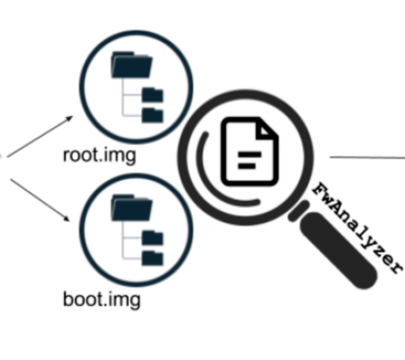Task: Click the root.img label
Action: click(100, 156)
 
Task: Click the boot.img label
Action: click(102, 300)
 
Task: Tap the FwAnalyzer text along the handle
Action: click(357, 228)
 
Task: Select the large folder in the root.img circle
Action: click(131, 65)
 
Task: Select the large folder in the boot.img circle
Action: click(131, 208)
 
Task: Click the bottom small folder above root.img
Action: click(152, 115)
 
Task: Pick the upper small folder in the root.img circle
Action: click(152, 94)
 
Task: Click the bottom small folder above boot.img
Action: click(152, 258)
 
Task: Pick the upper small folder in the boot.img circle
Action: click(152, 238)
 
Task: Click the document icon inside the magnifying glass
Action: click(249, 151)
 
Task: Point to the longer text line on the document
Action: click(249, 155)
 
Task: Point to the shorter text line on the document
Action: click(247, 166)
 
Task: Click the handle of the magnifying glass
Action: click(338, 250)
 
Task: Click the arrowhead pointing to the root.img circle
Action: click(69, 118)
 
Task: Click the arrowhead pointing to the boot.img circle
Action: click(67, 218)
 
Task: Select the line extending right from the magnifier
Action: click(367, 157)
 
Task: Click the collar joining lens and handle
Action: click(299, 211)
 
